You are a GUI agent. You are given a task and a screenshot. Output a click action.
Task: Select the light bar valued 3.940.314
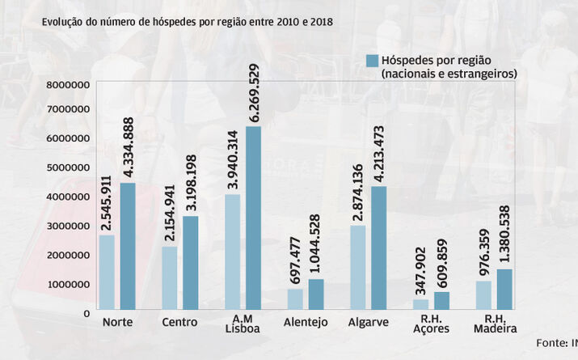pos(232,252)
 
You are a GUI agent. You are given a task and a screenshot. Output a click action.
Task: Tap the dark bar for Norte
pos(127,246)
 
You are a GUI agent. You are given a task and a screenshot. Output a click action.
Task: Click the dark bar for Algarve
pos(379,248)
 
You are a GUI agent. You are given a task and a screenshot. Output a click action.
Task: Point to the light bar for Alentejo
pos(295,299)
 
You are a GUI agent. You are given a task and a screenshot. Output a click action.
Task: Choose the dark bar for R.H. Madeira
pos(505,289)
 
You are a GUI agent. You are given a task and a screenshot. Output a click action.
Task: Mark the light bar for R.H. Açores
pos(420,304)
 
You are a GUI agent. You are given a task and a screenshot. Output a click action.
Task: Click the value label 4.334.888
pos(128,146)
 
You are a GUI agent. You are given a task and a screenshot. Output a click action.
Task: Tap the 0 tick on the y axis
pos(86,311)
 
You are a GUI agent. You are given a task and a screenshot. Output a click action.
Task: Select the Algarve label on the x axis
pos(369,323)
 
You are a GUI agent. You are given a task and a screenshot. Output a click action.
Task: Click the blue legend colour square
pos(373,61)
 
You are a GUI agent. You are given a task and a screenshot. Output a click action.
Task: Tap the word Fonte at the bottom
pos(551,341)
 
